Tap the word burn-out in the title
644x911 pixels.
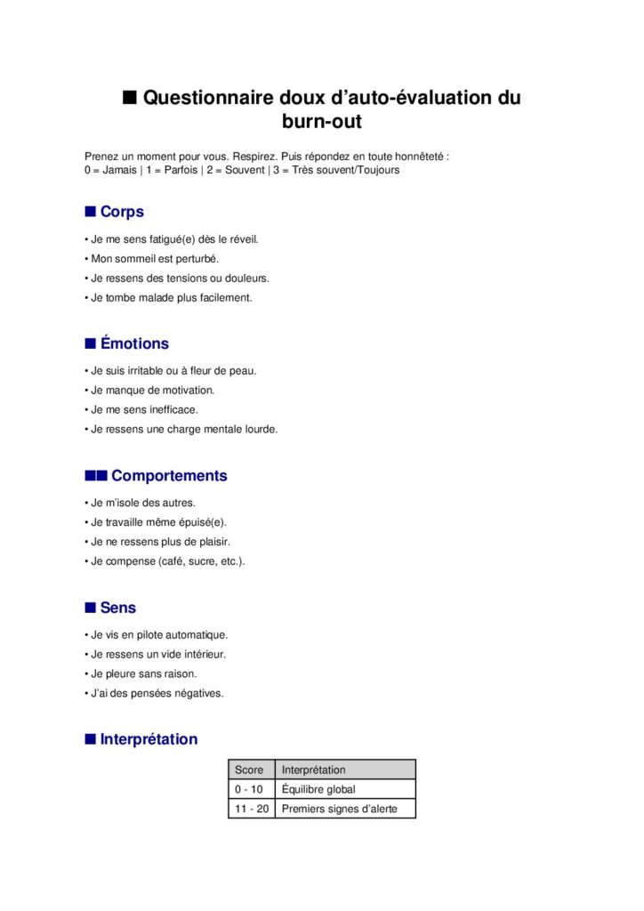[x=322, y=120]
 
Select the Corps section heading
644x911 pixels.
[x=122, y=212]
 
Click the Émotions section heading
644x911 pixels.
[x=134, y=343]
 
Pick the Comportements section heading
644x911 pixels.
[x=169, y=476]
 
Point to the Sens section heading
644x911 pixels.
[x=118, y=608]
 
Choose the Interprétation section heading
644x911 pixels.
[x=149, y=739]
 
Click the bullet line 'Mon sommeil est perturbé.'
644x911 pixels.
[x=155, y=259]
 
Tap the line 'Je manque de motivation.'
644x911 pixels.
[x=153, y=391]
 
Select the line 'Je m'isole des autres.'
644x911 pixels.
[x=143, y=503]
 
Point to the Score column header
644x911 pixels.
[x=249, y=770]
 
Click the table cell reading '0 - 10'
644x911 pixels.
[x=249, y=789]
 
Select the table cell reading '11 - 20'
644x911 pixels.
[x=251, y=809]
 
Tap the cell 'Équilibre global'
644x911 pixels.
[x=318, y=789]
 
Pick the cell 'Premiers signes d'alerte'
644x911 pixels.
[x=338, y=809]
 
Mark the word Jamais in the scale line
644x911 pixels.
[x=120, y=170]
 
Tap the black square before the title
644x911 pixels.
[x=130, y=96]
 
